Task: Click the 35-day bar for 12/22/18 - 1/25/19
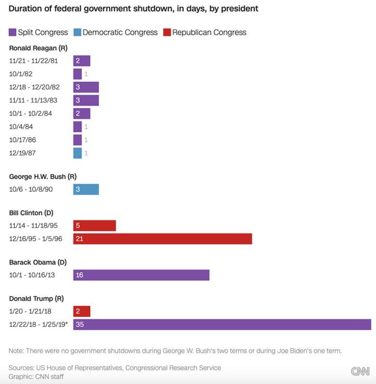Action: [222, 324]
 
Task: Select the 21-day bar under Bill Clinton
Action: [162, 238]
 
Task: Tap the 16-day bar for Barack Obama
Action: [141, 275]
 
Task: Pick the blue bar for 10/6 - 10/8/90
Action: [86, 189]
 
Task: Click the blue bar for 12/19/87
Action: [77, 153]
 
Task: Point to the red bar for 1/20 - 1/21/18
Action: [82, 311]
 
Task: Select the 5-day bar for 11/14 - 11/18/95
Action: [95, 226]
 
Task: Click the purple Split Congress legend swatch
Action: [12, 32]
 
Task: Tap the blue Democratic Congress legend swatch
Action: [77, 32]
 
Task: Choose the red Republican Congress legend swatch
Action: [167, 32]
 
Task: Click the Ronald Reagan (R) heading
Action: [38, 48]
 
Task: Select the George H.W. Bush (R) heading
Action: [43, 177]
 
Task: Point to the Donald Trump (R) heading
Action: [36, 298]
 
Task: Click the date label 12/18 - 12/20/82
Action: [34, 87]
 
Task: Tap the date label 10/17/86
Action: [22, 140]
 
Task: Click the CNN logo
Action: [360, 371]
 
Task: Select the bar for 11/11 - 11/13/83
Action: [86, 101]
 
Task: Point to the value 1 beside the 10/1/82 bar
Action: [86, 74]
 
